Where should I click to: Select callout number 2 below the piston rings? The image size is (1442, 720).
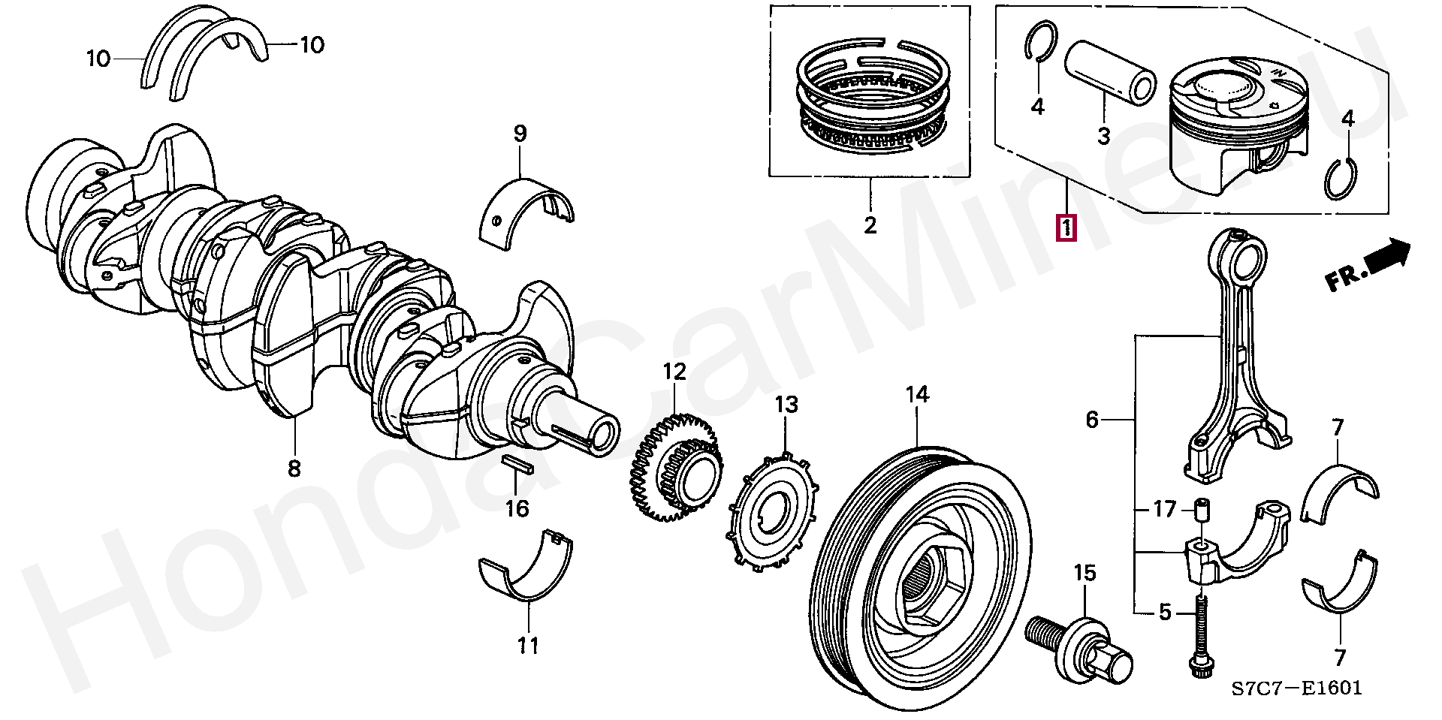(x=870, y=224)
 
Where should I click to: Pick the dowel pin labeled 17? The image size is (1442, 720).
(x=1200, y=512)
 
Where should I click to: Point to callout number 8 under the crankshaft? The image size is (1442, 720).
(x=294, y=469)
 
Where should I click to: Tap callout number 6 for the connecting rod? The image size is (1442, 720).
(x=1091, y=420)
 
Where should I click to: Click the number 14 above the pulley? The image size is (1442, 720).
(x=917, y=394)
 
